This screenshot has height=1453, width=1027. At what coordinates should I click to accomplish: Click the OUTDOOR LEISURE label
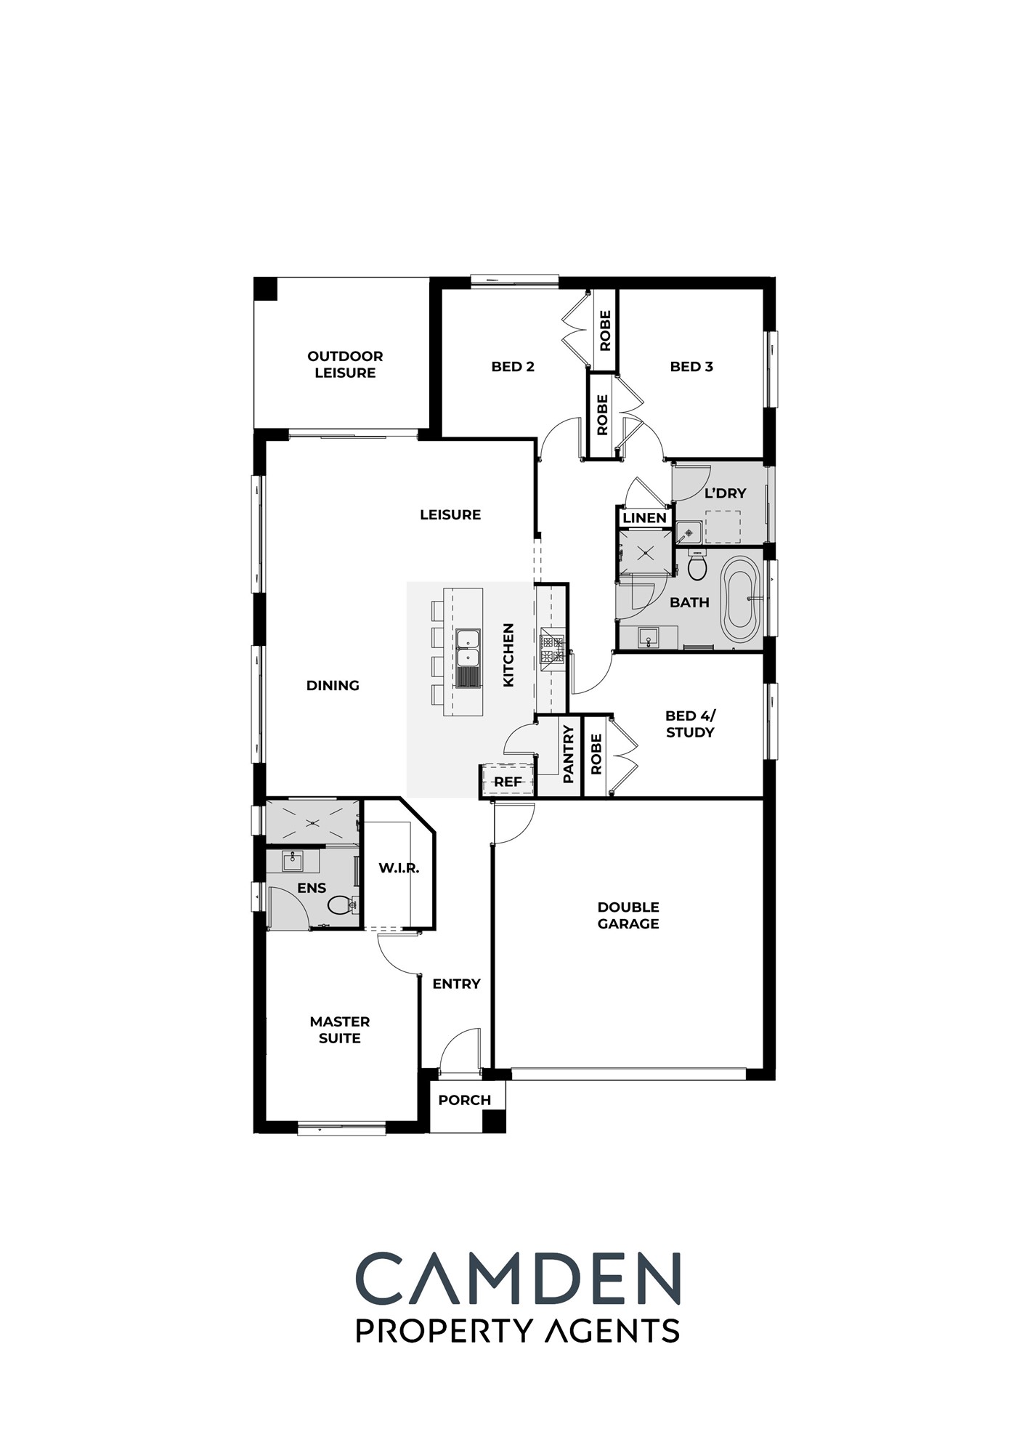[345, 364]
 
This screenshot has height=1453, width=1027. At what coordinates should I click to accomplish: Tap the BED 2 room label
[513, 367]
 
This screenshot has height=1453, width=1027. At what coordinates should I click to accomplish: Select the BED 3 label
[691, 367]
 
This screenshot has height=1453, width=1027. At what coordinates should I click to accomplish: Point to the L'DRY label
[726, 493]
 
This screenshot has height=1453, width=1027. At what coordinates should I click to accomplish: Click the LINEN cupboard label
[645, 518]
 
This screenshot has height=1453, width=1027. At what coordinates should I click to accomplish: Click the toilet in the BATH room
[697, 565]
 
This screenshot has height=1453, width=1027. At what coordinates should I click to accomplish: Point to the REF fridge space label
[508, 782]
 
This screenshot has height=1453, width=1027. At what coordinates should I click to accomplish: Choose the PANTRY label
[569, 754]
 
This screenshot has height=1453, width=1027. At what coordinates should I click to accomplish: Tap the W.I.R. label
[399, 867]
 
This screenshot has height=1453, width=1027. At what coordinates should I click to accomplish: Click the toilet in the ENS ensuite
[340, 904]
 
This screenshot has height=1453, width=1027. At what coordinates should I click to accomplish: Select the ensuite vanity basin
[293, 862]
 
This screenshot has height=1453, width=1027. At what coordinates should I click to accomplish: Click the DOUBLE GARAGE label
[628, 915]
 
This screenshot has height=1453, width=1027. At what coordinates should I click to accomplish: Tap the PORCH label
[465, 1100]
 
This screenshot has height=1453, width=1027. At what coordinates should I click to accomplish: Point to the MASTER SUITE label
[340, 1029]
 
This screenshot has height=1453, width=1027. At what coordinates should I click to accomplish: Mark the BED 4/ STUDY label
[690, 724]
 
